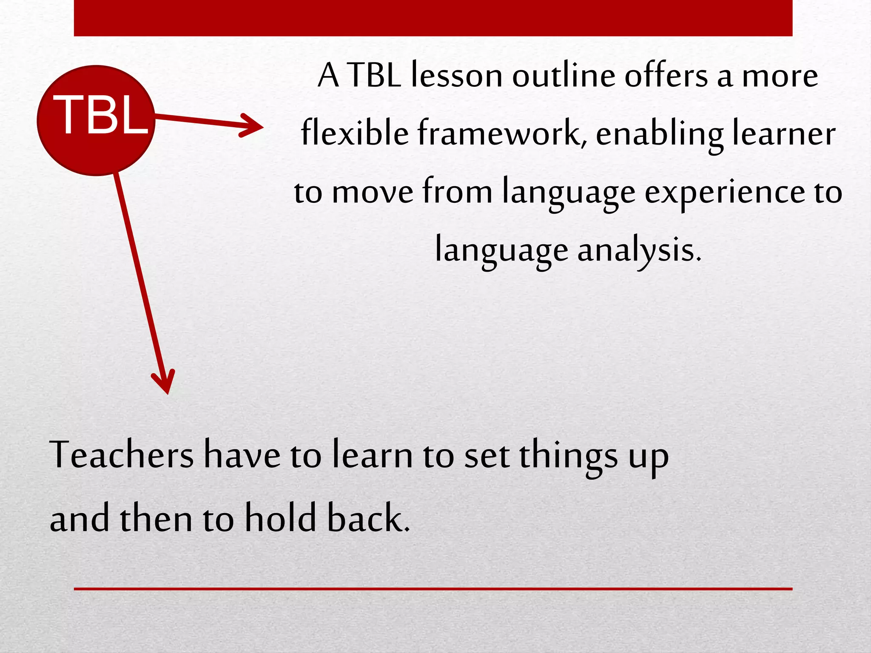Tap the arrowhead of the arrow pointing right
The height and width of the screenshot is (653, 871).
click(x=254, y=125)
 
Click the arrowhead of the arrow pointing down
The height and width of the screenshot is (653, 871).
click(x=165, y=383)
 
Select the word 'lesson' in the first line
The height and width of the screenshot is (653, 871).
click(x=457, y=76)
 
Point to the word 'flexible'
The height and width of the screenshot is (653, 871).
click(x=355, y=133)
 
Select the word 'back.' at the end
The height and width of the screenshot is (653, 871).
click(x=368, y=518)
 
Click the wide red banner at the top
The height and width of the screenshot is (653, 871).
click(x=433, y=18)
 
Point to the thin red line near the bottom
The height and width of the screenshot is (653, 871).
click(x=433, y=589)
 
